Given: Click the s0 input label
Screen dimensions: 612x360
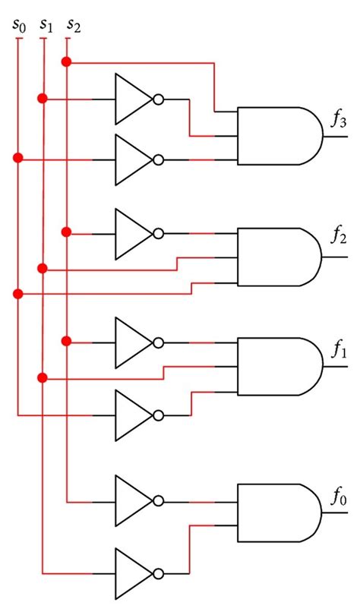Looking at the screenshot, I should click(18, 27).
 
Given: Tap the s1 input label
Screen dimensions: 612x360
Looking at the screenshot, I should click(45, 27).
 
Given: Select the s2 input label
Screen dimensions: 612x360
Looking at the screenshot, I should click(73, 27).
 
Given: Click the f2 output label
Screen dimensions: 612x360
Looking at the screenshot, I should click(338, 237).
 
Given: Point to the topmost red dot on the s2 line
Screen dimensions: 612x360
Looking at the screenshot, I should click(67, 61).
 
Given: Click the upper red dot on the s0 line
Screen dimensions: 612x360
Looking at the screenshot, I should click(18, 158).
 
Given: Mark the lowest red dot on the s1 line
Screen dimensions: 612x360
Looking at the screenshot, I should click(43, 377).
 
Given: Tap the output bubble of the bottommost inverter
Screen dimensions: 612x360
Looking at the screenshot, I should click(159, 573).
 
